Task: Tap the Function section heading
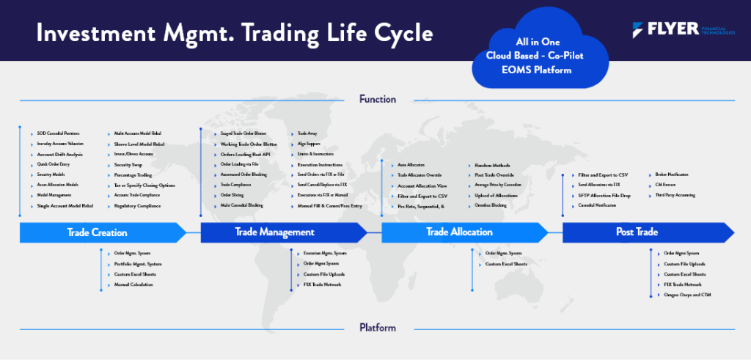(x=378, y=99)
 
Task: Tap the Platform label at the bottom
(x=378, y=328)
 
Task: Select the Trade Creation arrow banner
(x=97, y=232)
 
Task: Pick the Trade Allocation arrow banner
(x=459, y=232)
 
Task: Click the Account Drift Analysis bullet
(x=59, y=155)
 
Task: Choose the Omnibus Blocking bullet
(x=491, y=206)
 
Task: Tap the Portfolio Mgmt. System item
(x=138, y=263)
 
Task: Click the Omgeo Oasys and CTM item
(x=686, y=294)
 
